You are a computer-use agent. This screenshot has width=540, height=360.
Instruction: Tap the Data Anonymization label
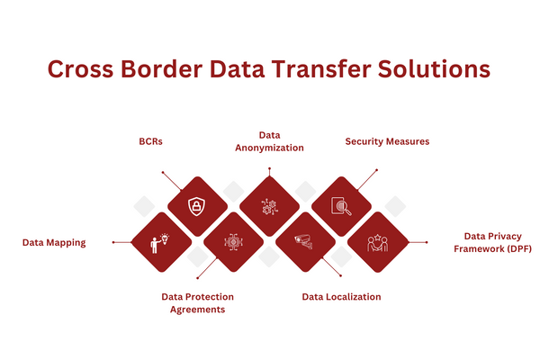(x=269, y=141)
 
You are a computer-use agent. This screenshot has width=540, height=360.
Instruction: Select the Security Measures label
(x=388, y=141)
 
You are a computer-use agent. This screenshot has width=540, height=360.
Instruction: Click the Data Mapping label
(x=54, y=242)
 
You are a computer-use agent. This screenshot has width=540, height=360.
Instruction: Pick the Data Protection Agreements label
(x=197, y=302)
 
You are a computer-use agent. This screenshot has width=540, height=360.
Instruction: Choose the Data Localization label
(x=341, y=296)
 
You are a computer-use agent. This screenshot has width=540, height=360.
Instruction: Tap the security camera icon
(x=304, y=242)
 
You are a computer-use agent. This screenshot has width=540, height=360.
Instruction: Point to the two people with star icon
(x=376, y=242)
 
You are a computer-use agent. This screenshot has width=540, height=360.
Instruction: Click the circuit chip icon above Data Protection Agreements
(x=232, y=242)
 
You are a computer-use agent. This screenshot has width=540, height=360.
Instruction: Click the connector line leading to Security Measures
(x=367, y=180)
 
